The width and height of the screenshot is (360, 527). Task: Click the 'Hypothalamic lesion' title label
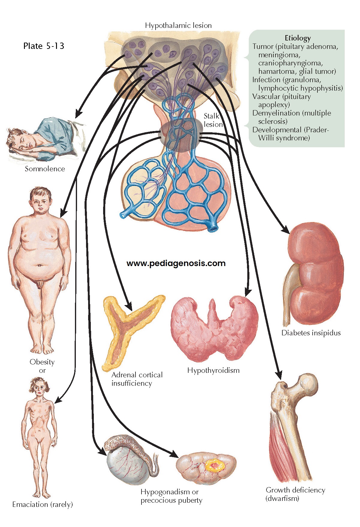[178, 25]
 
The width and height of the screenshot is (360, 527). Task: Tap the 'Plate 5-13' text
[44, 46]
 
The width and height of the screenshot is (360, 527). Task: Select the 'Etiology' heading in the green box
[298, 38]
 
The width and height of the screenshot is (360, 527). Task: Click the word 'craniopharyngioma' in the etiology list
[290, 63]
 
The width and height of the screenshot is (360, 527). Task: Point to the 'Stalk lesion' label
[213, 120]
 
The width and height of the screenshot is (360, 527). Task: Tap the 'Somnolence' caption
[45, 169]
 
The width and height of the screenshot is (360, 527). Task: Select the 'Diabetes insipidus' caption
[311, 333]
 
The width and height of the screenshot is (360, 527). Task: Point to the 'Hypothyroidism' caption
[213, 370]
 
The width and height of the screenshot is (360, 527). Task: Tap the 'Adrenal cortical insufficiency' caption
[137, 379]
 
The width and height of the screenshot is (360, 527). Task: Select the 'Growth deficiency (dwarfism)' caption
[295, 494]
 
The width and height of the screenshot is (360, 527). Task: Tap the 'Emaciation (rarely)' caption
[43, 505]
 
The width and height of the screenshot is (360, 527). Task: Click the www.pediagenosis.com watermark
[176, 263]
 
